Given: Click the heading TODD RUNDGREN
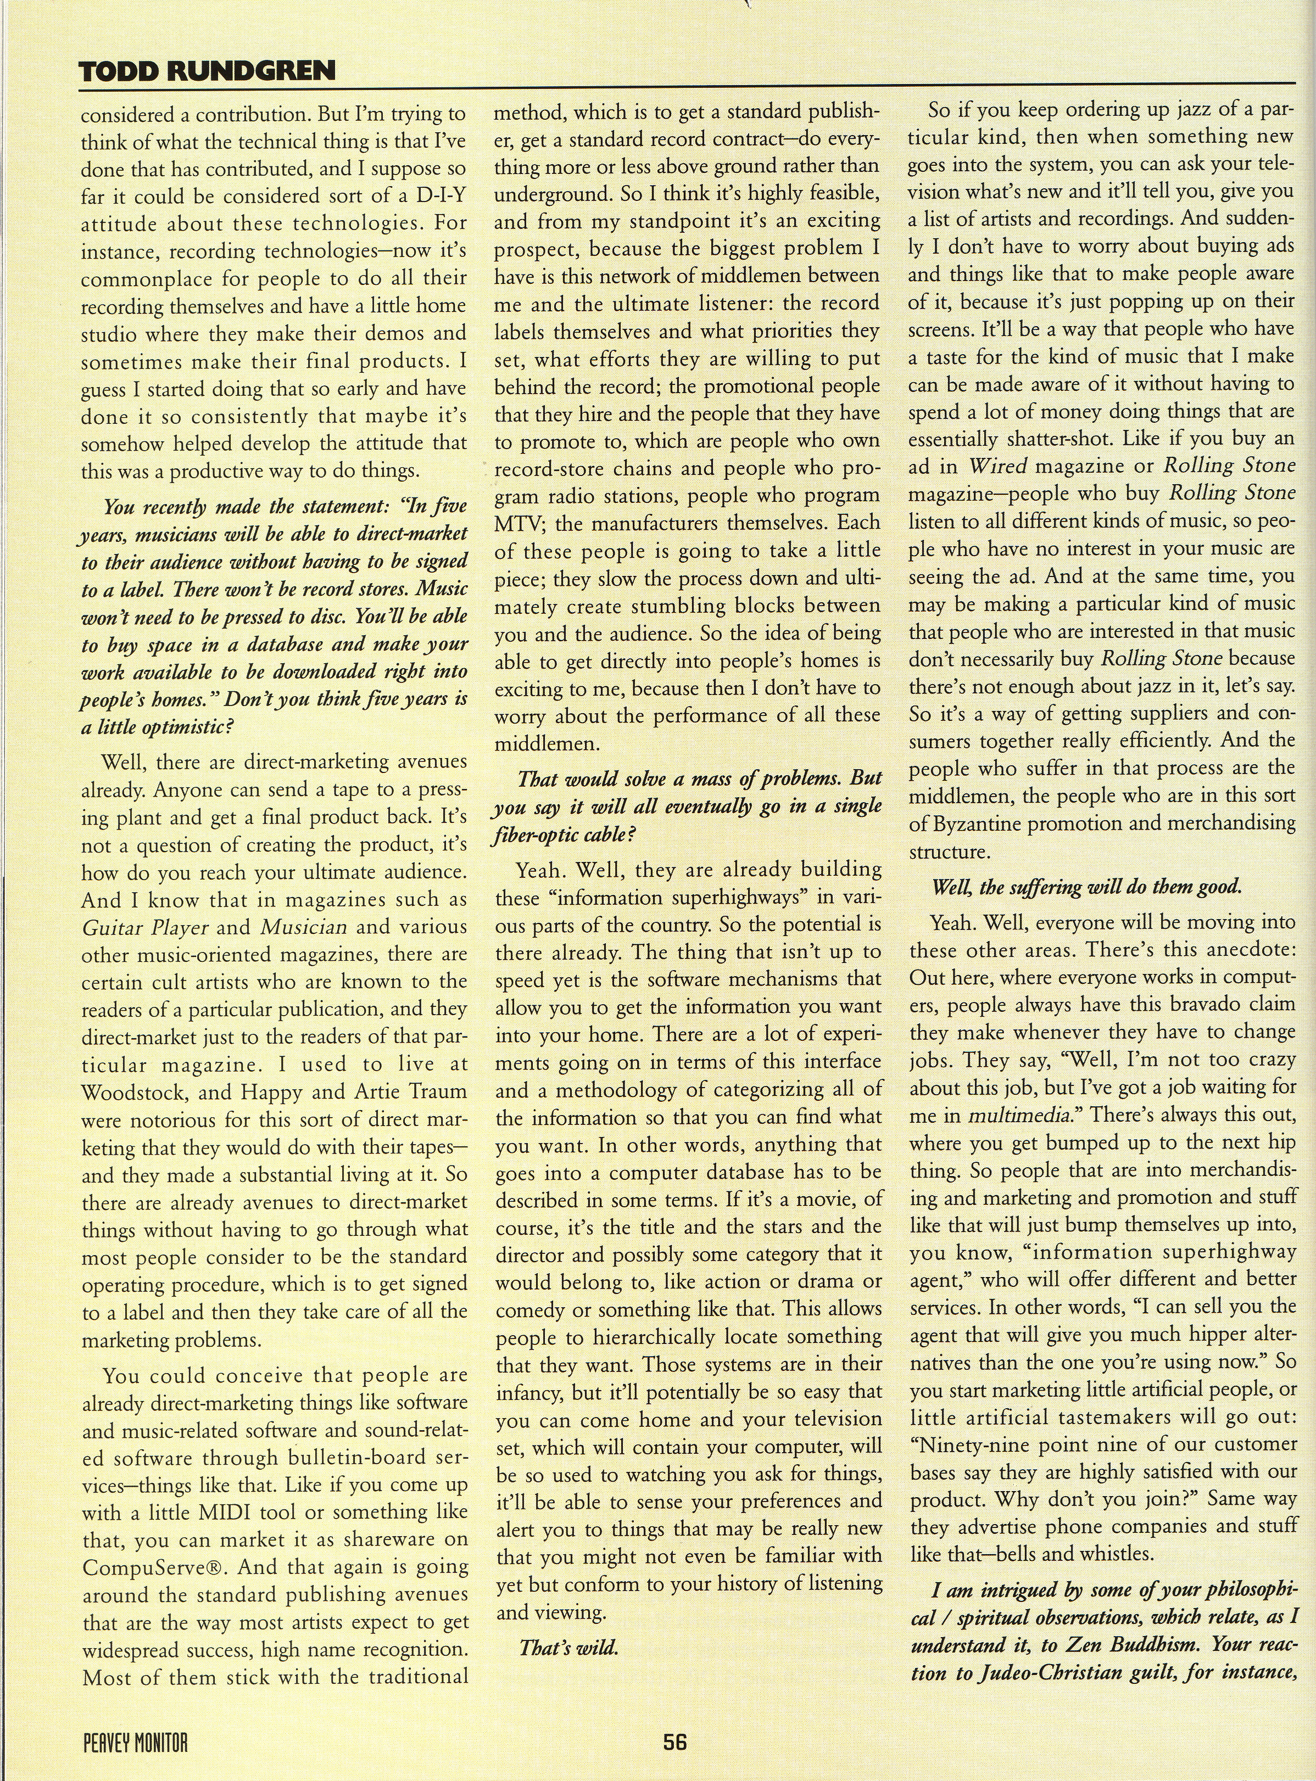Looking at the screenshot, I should [208, 72].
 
